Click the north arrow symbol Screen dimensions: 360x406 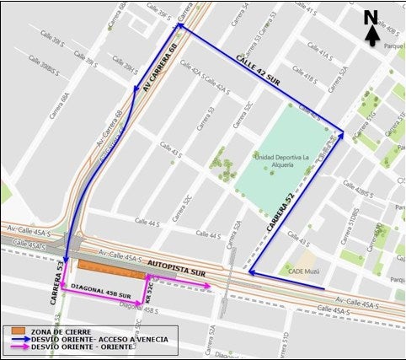coord(371,25)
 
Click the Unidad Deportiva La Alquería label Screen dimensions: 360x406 coord(277,161)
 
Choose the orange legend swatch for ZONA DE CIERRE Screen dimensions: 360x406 coord(18,330)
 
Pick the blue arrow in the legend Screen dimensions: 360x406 coord(18,338)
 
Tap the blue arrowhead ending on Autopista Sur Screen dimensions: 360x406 coord(252,273)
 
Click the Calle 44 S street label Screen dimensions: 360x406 coord(147,223)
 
